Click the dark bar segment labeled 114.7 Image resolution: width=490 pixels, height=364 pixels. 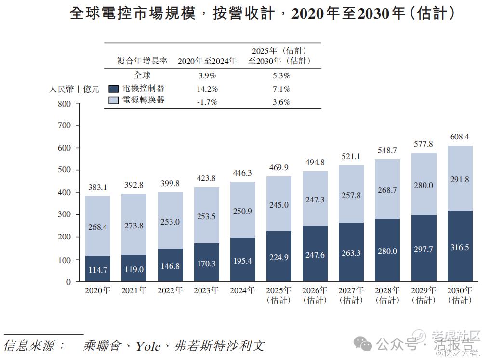pos(98,268)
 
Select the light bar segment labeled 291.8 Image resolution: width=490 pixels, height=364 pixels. pos(460,179)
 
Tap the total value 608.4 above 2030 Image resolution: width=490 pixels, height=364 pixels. pos(460,137)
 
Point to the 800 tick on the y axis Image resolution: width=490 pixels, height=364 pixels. pos(64,104)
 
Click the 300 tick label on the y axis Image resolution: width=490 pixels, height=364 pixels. pos(64,215)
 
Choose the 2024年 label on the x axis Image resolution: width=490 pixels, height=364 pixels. pos(242,290)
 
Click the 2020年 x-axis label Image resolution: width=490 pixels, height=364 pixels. pos(97,290)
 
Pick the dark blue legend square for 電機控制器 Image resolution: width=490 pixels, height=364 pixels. pos(113,88)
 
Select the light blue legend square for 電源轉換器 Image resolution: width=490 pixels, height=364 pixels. pos(113,100)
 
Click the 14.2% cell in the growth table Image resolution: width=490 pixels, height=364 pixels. pos(208,89)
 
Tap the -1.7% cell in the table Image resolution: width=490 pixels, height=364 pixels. pos(208,102)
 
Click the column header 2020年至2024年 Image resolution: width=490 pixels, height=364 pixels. pos(207,61)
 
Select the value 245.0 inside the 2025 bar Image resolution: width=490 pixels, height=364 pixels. pos(279,205)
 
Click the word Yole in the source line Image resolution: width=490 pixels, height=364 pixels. pos(147,346)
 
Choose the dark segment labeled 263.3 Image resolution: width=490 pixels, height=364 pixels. pos(351,253)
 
